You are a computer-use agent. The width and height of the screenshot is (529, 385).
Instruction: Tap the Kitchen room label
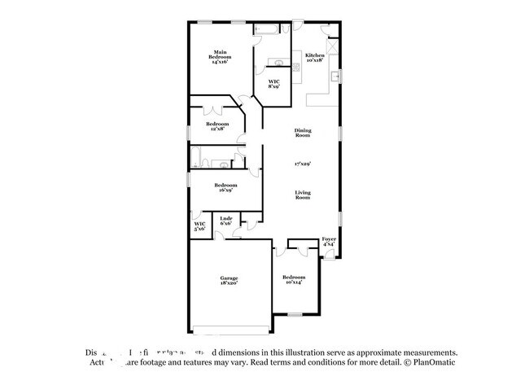(x=314, y=57)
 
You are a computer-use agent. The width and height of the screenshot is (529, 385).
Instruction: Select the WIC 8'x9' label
(x=274, y=84)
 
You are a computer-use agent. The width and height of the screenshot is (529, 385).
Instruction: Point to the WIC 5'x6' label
(x=199, y=227)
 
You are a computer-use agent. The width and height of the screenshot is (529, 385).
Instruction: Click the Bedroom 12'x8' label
(x=217, y=126)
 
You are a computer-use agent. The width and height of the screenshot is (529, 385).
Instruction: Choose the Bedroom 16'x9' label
(x=225, y=187)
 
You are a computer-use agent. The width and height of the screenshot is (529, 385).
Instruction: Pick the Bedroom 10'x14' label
(x=293, y=279)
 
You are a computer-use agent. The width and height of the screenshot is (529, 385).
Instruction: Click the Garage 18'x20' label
(x=228, y=280)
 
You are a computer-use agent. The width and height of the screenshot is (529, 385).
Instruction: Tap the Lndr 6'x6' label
(x=227, y=221)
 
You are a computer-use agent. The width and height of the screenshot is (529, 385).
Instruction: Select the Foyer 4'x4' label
(x=328, y=242)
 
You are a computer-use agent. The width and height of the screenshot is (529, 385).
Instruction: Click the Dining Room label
(x=303, y=133)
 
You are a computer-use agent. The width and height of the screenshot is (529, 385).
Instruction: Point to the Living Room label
(x=303, y=195)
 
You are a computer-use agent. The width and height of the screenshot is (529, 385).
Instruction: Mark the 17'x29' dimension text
(x=303, y=164)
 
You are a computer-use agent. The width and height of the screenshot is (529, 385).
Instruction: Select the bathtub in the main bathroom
(x=266, y=30)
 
